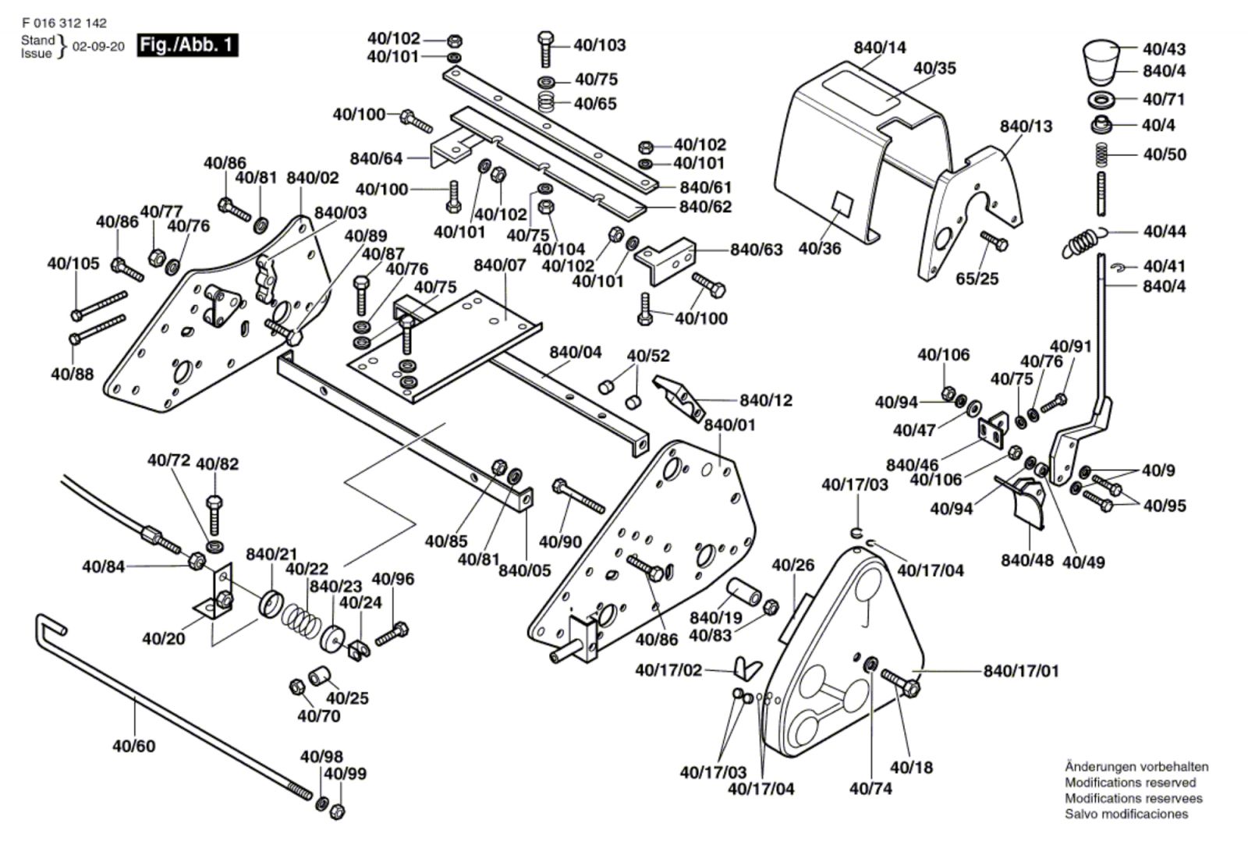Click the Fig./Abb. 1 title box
tap(187, 44)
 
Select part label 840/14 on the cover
tap(880, 48)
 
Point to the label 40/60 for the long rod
tap(133, 746)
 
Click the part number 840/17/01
tap(1021, 671)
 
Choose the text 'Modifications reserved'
tap(1129, 783)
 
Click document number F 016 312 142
tap(65, 23)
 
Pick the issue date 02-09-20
tap(98, 46)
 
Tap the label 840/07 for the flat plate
tap(500, 265)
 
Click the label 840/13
tap(1026, 126)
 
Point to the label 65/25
tap(977, 279)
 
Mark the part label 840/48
tap(1026, 560)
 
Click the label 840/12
tap(765, 400)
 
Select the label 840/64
tap(376, 158)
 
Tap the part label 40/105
tap(73, 264)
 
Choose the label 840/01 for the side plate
tap(729, 425)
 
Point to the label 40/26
tap(792, 564)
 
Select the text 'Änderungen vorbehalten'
tap(1136, 767)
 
